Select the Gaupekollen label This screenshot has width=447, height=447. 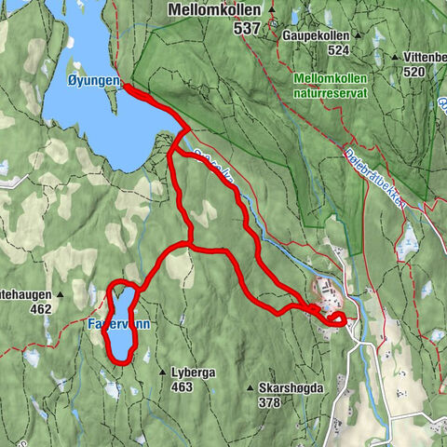(318, 35)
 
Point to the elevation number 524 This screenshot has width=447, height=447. (338, 49)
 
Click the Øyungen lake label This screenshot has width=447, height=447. (93, 82)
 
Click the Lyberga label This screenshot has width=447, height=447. (194, 372)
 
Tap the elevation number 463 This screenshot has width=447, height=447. (182, 386)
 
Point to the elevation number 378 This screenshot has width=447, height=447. (269, 402)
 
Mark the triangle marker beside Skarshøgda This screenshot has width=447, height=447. (250, 387)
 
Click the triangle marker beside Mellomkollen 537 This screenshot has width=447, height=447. (272, 10)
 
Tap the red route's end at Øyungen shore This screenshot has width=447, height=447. (126, 88)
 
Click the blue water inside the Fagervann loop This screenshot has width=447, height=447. (120, 326)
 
